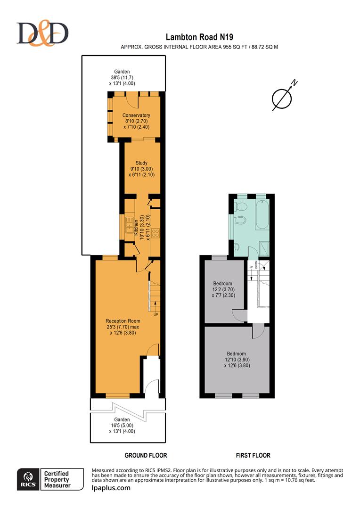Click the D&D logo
click(x=43, y=33)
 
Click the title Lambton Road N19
click(x=200, y=37)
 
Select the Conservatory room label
click(x=136, y=115)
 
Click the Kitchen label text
click(x=137, y=228)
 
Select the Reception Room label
click(x=123, y=321)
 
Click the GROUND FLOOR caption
click(x=146, y=455)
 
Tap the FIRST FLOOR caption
click(x=253, y=455)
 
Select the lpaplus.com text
click(x=111, y=488)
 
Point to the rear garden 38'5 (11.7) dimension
click(x=124, y=78)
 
